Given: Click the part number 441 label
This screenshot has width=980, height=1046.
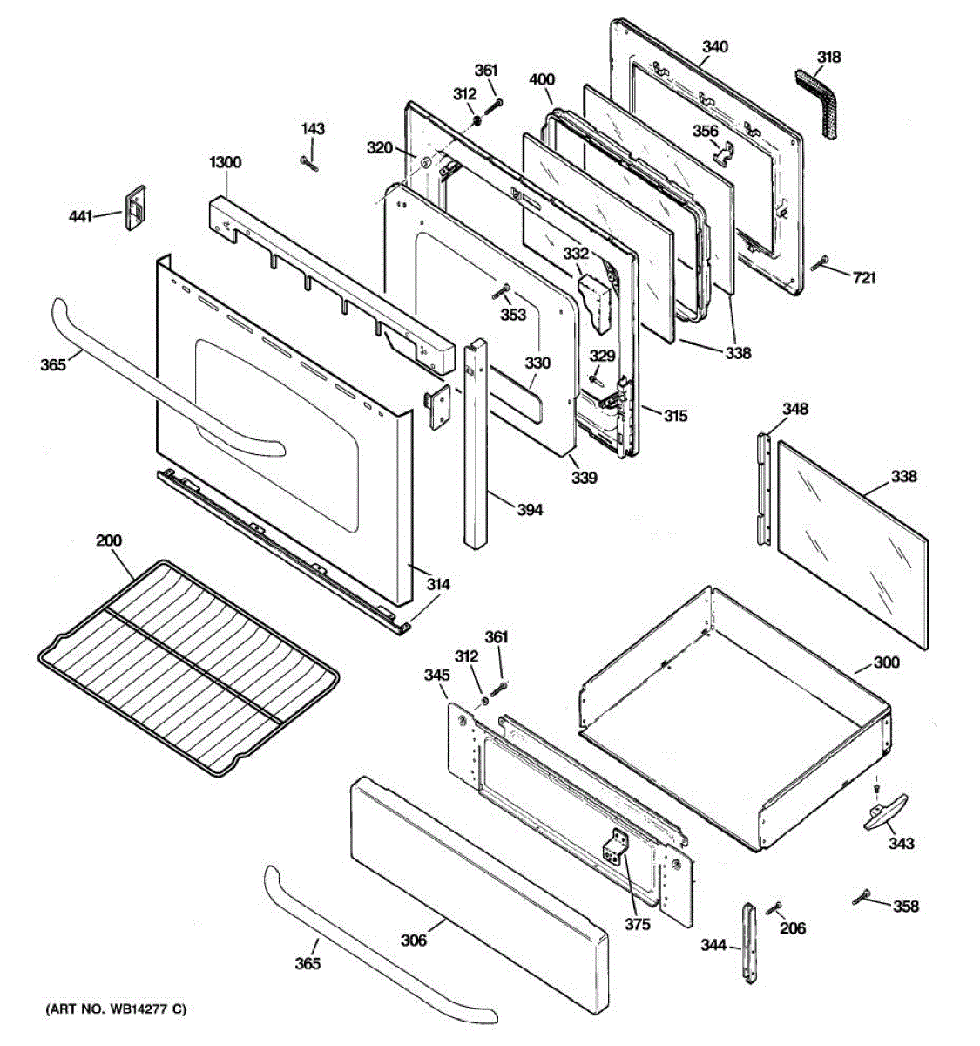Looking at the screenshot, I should [80, 216].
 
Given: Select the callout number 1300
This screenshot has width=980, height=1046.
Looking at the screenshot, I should [226, 162].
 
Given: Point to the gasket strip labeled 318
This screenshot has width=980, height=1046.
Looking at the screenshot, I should [820, 100].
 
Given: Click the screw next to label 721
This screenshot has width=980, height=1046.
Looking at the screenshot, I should [821, 264].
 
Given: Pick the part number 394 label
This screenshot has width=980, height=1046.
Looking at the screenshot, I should [529, 509].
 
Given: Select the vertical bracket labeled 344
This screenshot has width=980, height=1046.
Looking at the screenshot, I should [749, 942].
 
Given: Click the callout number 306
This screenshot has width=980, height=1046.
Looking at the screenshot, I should [414, 940].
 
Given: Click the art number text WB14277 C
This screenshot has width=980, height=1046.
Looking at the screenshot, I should [116, 1010].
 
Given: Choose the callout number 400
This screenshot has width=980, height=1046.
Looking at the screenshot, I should [542, 80].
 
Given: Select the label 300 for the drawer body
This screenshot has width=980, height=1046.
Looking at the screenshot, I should [886, 662].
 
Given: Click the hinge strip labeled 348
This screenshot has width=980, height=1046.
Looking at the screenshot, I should [765, 488].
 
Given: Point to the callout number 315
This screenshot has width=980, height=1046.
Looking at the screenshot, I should [675, 416].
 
